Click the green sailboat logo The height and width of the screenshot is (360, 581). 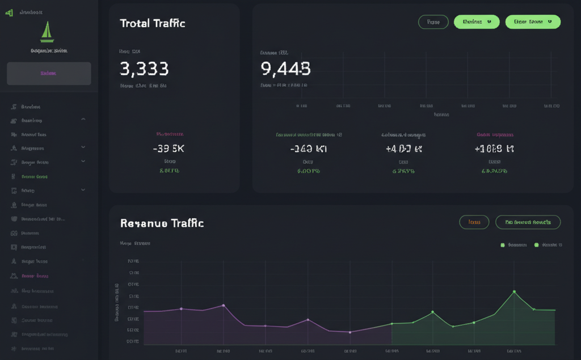click(47, 32)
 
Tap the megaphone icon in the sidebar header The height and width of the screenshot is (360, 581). click(9, 12)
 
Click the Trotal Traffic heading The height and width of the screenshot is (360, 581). click(152, 23)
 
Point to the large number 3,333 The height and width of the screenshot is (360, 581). click(144, 69)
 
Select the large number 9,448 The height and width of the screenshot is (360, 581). click(285, 69)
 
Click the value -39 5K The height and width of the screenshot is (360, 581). click(169, 149)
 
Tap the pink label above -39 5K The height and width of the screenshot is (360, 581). click(170, 134)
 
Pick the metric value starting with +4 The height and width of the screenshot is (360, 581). click(403, 149)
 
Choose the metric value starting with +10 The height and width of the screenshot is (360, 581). click(494, 149)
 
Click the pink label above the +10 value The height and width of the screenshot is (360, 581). click(495, 135)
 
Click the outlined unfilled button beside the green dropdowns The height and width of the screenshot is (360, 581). click(433, 22)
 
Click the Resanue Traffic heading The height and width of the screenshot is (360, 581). click(162, 223)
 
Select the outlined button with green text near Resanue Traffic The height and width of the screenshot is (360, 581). click(528, 222)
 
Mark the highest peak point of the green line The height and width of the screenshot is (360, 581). click(514, 291)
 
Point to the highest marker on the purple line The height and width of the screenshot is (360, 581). click(224, 305)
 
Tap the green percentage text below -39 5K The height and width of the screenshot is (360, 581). click(169, 170)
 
